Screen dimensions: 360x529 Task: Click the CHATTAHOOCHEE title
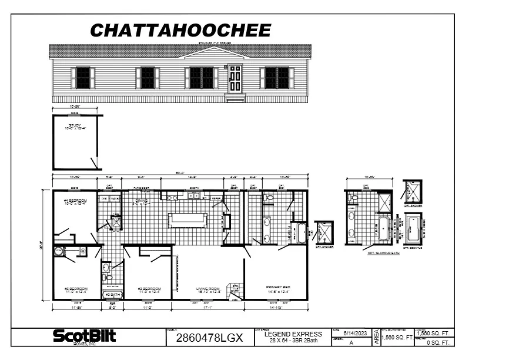click(180, 30)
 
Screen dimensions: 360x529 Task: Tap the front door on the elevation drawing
click(235, 78)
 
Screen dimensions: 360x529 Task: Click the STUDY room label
click(75, 126)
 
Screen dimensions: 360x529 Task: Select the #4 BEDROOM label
click(75, 202)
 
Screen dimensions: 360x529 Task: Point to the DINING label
click(142, 201)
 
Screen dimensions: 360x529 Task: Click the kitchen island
click(188, 220)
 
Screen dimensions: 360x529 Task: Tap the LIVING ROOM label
click(208, 289)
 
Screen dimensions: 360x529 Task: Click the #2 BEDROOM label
click(149, 289)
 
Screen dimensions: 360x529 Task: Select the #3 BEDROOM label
click(76, 289)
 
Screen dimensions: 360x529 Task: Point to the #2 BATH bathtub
click(111, 294)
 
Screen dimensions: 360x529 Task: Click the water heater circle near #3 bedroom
click(59, 252)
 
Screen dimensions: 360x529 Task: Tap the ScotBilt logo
click(85, 336)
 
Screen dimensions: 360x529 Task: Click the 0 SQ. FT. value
click(437, 342)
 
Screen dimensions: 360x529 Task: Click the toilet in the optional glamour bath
click(352, 199)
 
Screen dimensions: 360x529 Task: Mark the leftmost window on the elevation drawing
click(83, 78)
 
